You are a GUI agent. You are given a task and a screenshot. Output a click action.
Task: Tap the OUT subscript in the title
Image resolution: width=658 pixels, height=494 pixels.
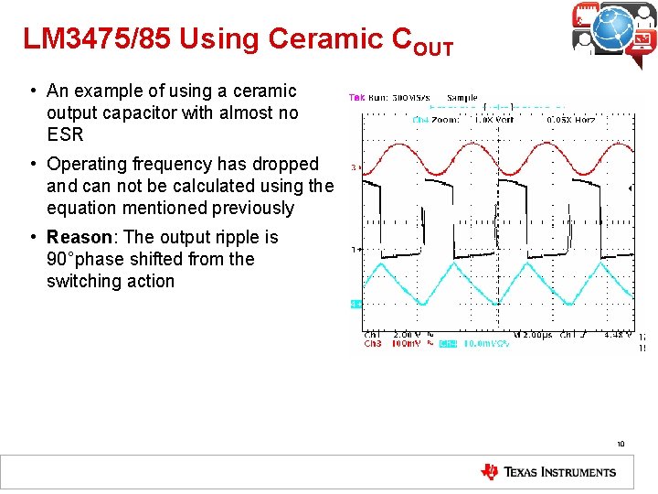(432, 48)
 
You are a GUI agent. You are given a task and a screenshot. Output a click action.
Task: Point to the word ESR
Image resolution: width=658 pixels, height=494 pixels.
(65, 134)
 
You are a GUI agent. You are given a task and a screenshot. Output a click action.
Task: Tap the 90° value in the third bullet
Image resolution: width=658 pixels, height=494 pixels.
(62, 259)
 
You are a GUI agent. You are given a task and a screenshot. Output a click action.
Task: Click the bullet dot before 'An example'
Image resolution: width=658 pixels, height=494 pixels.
(32, 91)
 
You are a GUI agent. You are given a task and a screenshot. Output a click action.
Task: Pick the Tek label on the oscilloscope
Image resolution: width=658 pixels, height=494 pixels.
(356, 97)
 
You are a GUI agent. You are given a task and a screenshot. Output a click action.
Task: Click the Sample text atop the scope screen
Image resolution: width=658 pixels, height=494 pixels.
(462, 97)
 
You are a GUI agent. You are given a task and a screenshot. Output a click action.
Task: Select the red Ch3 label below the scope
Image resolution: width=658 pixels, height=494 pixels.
(373, 344)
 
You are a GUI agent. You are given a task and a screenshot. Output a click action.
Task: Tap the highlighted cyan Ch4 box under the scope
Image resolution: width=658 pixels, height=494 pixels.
(447, 344)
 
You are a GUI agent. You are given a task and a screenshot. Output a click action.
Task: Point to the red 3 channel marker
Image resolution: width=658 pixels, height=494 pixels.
(355, 167)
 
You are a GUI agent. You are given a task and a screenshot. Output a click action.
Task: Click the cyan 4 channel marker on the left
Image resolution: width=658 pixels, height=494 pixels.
(355, 303)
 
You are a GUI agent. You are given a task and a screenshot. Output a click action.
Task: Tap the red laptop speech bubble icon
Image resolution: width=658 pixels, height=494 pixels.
(642, 41)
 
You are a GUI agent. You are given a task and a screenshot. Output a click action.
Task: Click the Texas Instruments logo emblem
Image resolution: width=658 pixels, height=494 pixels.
(490, 472)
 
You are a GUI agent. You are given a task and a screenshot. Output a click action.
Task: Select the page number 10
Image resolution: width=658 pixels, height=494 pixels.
(620, 445)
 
